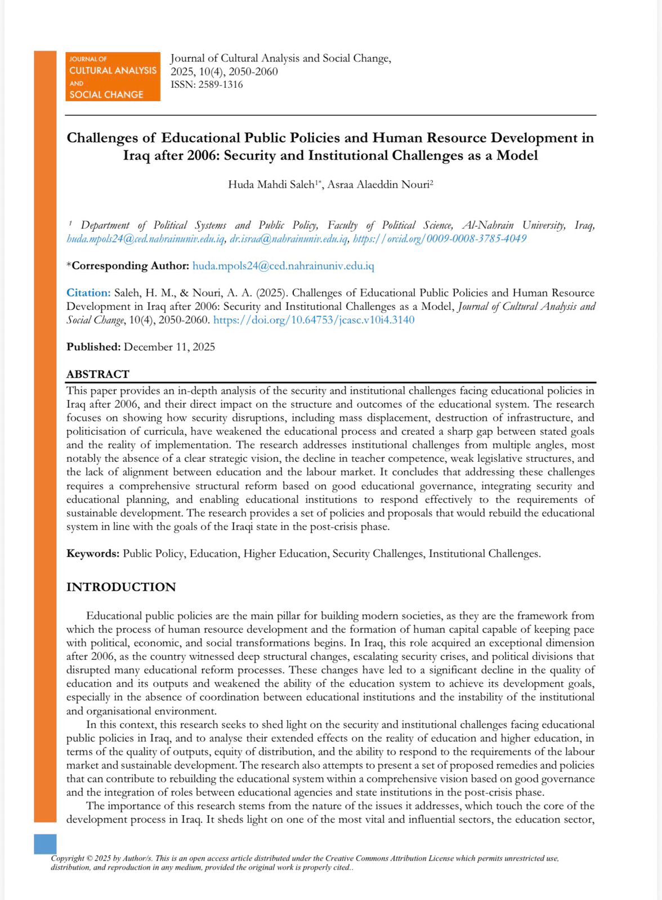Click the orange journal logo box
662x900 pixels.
pyautogui.click(x=113, y=76)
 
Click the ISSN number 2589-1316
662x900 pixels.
pyautogui.click(x=221, y=85)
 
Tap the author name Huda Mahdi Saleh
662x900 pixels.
pyautogui.click(x=271, y=184)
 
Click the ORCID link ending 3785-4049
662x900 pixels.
pyautogui.click(x=440, y=238)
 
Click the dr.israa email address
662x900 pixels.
pyautogui.click(x=288, y=238)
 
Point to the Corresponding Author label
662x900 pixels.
pyautogui.click(x=128, y=265)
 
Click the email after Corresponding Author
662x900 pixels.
pyautogui.click(x=283, y=265)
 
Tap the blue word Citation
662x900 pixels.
pyautogui.click(x=88, y=292)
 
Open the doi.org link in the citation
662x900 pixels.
pyautogui.click(x=314, y=320)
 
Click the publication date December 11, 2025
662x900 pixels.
pyautogui.click(x=169, y=347)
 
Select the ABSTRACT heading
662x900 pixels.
pyautogui.click(x=98, y=374)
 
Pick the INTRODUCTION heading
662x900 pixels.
pyautogui.click(x=121, y=587)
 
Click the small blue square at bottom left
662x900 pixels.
pyautogui.click(x=45, y=844)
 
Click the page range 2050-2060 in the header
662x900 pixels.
pyautogui.click(x=253, y=72)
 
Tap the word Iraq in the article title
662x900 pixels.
pyautogui.click(x=136, y=155)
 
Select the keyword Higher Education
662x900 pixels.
pyautogui.click(x=285, y=553)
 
